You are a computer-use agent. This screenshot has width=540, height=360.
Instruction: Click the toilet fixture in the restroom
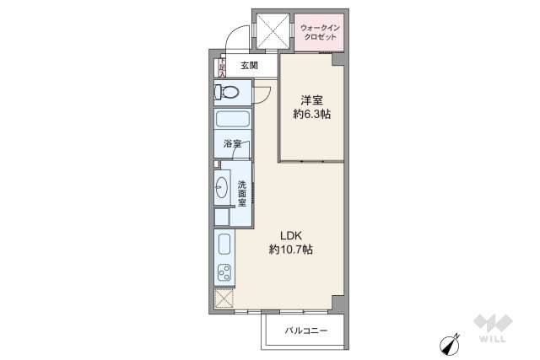point(228,92)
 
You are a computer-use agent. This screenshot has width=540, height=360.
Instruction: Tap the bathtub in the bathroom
point(232,119)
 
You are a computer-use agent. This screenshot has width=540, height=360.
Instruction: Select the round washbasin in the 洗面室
point(223,187)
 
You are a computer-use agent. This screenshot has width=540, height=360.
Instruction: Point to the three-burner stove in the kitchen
point(224,273)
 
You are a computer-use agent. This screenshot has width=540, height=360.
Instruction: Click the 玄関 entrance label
point(248,65)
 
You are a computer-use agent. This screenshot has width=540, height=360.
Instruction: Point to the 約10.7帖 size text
point(291,250)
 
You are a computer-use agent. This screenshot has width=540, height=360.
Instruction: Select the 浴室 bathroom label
point(232,144)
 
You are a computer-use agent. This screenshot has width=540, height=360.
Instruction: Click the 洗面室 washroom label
point(241,194)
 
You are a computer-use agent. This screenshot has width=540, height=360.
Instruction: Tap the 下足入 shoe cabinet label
point(221,65)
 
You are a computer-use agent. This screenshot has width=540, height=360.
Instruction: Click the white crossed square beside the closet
point(273,31)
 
